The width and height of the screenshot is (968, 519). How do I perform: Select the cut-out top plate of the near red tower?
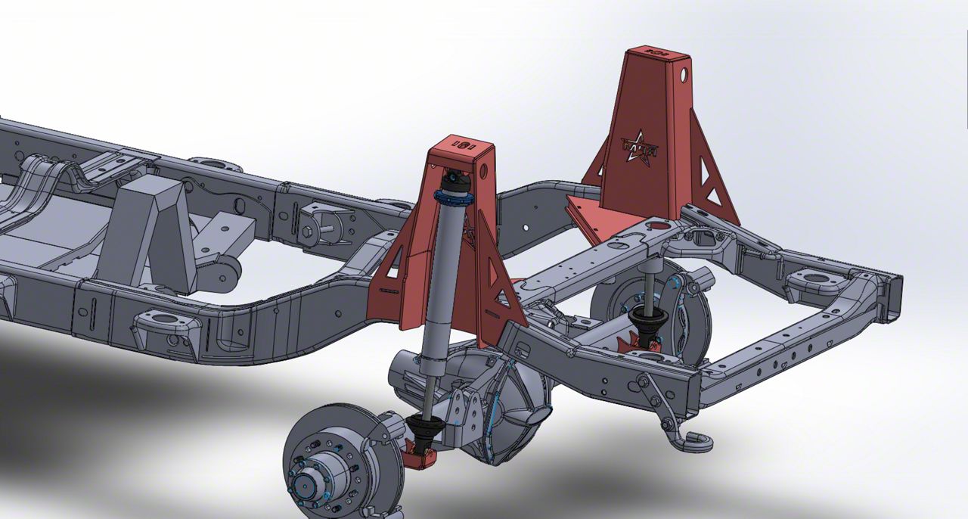[460, 144]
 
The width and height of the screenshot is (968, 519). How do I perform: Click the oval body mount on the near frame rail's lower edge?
[158, 328]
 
